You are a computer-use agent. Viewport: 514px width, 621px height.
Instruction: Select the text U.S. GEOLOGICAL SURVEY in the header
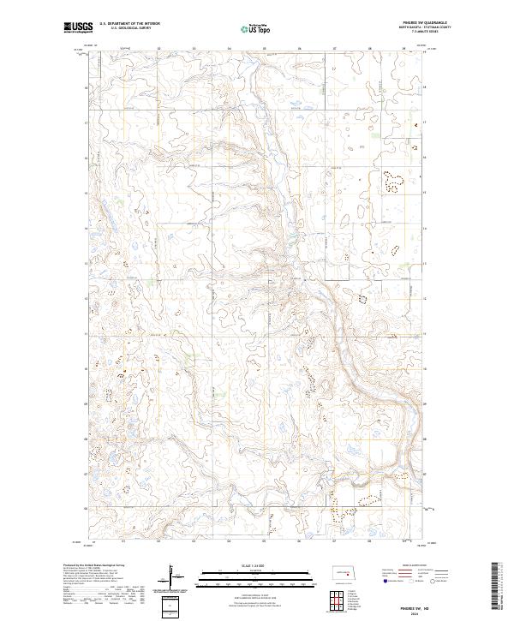(x=128, y=29)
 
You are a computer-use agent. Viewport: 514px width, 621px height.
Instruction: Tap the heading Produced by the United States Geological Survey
(x=94, y=564)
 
